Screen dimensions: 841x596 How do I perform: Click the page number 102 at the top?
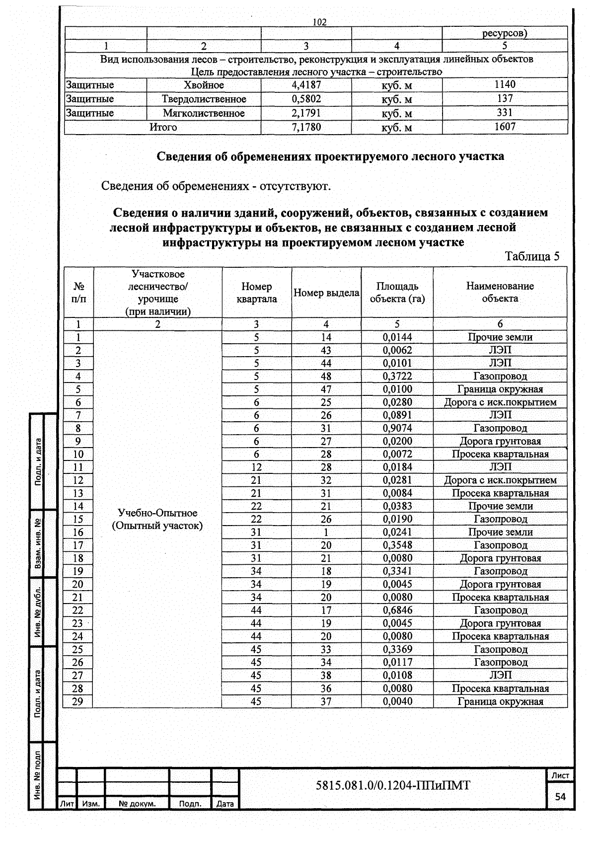tap(320, 22)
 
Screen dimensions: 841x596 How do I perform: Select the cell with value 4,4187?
tap(306, 85)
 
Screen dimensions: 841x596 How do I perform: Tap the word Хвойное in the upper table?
tap(204, 85)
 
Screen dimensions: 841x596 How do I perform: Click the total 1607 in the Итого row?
tap(505, 127)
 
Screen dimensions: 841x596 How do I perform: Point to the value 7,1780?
tap(306, 127)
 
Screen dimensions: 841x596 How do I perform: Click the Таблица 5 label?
tap(531, 256)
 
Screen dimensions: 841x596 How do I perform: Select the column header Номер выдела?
tap(326, 293)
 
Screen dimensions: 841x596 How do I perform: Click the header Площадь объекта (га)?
tap(397, 293)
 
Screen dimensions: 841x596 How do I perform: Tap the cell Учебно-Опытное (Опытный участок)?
tap(157, 519)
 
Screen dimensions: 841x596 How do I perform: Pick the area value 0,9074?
tap(397, 428)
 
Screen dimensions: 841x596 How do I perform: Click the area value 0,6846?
tap(397, 611)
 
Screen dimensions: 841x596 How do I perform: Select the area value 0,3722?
tap(397, 377)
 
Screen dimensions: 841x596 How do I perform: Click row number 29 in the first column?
tap(78, 701)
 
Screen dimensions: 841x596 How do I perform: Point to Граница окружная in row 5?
tap(500, 389)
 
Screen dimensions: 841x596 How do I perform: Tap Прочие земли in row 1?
tap(500, 337)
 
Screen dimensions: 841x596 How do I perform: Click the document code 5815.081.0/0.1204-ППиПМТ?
tap(393, 785)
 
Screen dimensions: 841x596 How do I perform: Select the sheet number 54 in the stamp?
tap(560, 797)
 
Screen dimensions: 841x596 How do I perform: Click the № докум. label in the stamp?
tap(137, 803)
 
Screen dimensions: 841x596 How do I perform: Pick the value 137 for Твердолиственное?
tap(505, 99)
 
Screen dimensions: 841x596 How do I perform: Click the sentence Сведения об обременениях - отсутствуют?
tap(216, 186)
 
